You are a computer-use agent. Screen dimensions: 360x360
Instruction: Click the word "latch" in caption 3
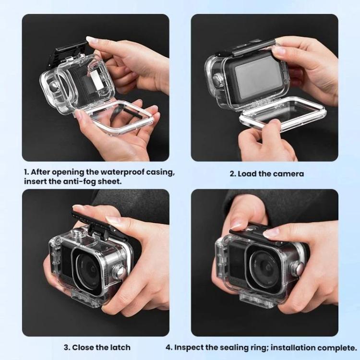click(x=119, y=348)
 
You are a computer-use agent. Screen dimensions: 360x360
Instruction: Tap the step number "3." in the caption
click(x=67, y=348)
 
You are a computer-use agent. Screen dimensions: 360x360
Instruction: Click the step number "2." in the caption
click(x=233, y=174)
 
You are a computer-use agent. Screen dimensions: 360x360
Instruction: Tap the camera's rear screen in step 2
click(x=257, y=74)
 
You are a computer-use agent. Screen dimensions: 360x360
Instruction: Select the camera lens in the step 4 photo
click(x=264, y=266)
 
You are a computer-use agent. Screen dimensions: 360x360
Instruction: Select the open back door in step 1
click(x=115, y=117)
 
